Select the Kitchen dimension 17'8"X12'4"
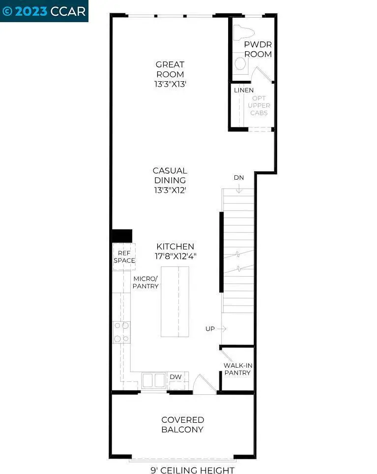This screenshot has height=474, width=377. (175, 256)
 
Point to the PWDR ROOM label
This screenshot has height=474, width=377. (258, 49)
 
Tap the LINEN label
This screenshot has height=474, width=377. (244, 90)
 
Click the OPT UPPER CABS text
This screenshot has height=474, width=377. (259, 106)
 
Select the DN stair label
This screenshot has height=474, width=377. (238, 178)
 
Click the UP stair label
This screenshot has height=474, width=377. (210, 328)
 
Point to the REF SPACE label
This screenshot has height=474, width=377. (124, 256)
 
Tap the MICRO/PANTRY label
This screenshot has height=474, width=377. (145, 282)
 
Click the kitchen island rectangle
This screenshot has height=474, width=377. (174, 301)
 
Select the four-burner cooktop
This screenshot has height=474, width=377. (121, 332)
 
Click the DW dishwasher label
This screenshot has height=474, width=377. (175, 377)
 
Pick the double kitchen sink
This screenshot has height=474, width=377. (154, 380)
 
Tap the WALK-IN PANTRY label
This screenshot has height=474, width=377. (237, 369)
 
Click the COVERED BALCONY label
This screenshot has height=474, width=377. (183, 424)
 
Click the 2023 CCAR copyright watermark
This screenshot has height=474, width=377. (44, 11)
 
